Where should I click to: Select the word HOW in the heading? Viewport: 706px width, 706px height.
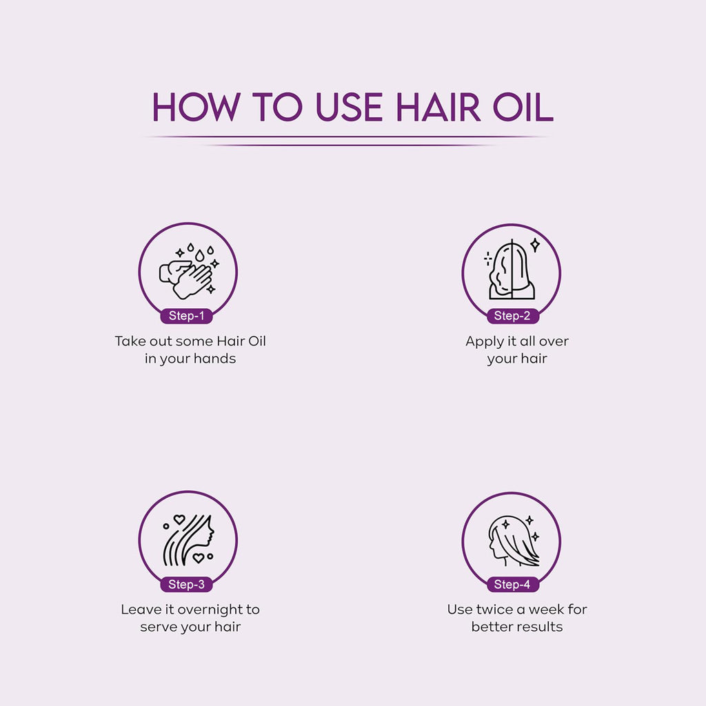click(x=196, y=107)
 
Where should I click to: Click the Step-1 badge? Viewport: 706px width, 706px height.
click(x=186, y=316)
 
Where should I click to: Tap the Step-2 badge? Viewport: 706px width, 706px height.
click(x=512, y=316)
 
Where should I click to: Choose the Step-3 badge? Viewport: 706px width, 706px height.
click(x=186, y=585)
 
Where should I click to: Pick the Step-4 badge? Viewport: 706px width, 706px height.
click(x=512, y=585)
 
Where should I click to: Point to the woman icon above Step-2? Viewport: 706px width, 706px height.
click(x=511, y=270)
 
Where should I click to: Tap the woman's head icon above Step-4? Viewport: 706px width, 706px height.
click(x=512, y=540)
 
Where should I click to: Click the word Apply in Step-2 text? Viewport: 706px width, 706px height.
click(x=484, y=341)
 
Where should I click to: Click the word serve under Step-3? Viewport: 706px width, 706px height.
click(x=159, y=627)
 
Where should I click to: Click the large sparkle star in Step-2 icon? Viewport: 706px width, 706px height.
click(x=534, y=245)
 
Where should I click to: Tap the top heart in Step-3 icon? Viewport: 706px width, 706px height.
click(x=179, y=519)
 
